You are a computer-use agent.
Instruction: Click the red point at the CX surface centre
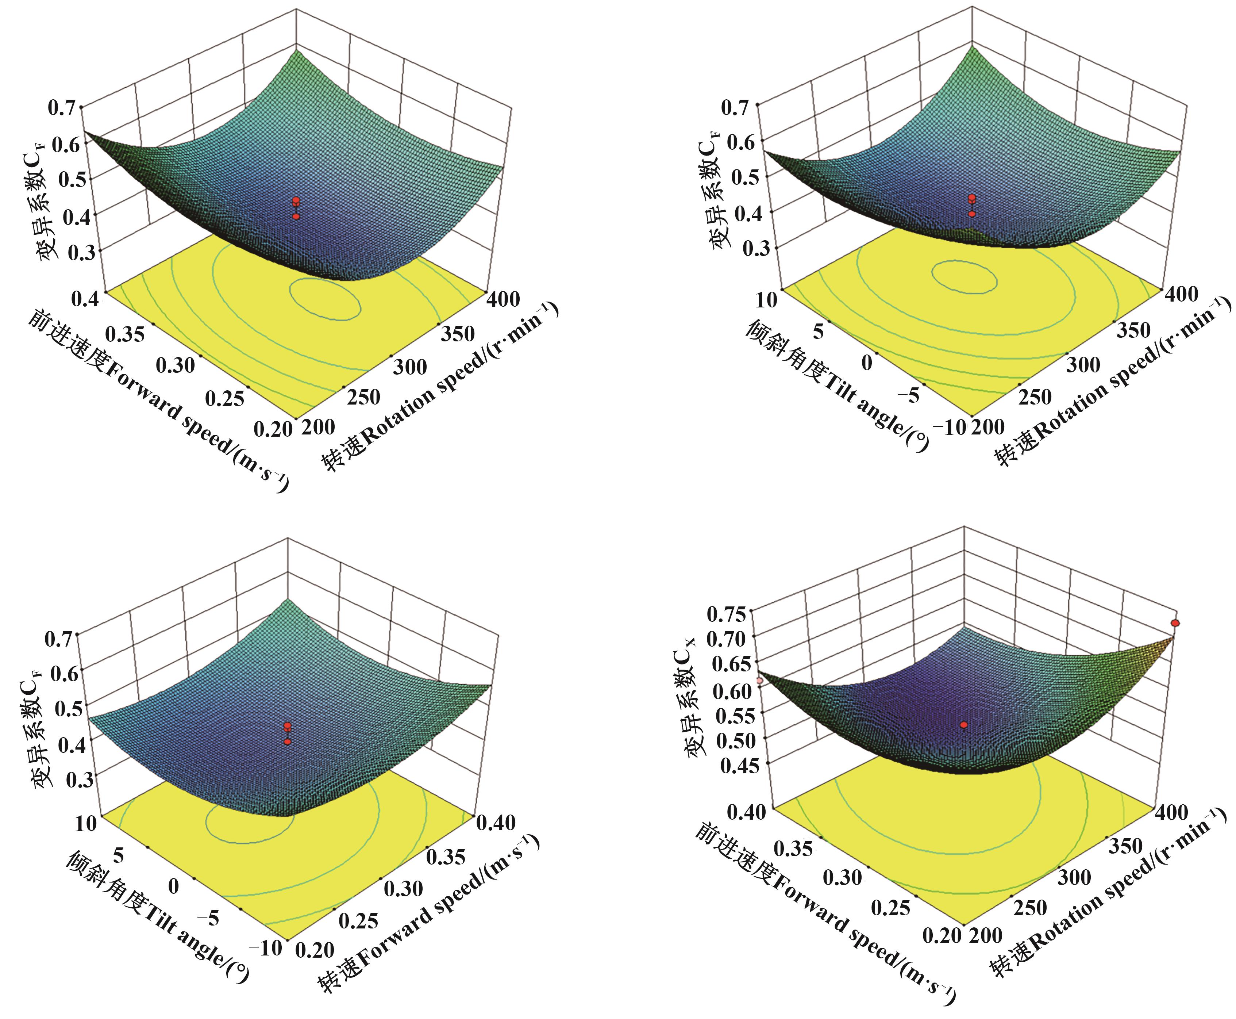pyautogui.click(x=964, y=725)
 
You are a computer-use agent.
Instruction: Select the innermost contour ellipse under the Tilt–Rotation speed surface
pyautogui.click(x=964, y=276)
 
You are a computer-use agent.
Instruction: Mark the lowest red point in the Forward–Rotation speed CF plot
pyautogui.click(x=296, y=216)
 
